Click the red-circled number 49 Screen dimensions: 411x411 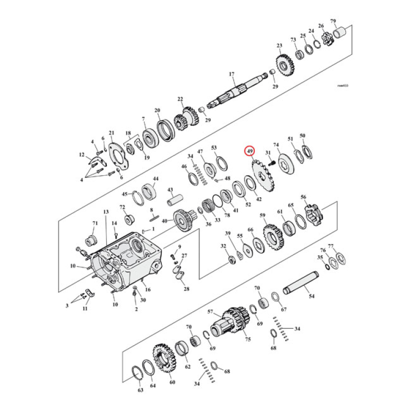[x=250, y=152]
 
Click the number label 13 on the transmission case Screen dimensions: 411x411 [x=106, y=212]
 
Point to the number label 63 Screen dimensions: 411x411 [x=141, y=391]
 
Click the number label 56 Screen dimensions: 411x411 [x=303, y=197]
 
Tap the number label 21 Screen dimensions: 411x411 [x=111, y=133]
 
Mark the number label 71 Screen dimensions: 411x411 [x=95, y=223]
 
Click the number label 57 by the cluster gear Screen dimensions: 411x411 [x=210, y=312]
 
